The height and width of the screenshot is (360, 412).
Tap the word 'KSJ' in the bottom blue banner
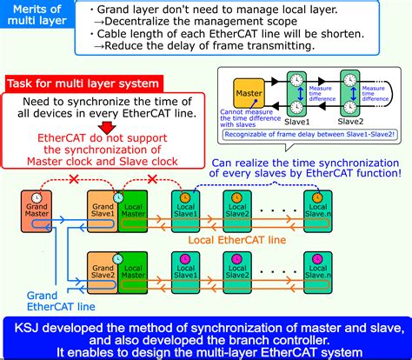click(x=26, y=326)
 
